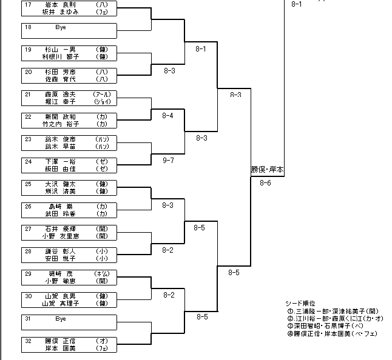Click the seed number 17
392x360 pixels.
[28, 4]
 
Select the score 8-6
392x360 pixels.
[265, 182]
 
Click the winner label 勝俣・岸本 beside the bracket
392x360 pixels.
[268, 170]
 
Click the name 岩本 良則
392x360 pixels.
[59, 4]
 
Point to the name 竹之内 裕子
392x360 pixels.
[58, 124]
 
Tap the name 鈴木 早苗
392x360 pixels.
[59, 147]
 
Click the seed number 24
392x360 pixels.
[28, 162]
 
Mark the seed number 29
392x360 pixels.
[28, 274]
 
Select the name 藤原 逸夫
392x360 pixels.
[59, 95]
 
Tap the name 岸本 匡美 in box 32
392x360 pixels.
[59, 348]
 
